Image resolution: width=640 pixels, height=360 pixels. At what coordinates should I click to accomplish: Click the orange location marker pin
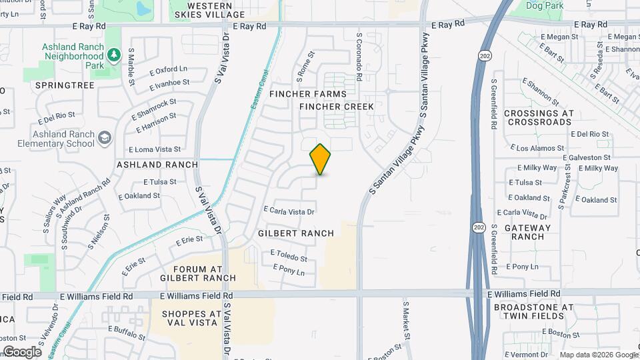[321, 159]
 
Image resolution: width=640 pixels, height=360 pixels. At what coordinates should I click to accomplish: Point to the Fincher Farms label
[299, 95]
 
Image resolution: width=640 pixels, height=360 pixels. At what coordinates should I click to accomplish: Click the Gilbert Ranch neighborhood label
[295, 233]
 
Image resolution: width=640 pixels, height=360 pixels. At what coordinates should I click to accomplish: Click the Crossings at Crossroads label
[539, 117]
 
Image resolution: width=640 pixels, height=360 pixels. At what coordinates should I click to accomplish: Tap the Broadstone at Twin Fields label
[533, 311]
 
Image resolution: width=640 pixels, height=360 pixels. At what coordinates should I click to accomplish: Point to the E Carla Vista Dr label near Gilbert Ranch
[289, 211]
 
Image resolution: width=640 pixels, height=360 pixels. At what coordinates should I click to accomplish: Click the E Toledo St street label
[289, 256]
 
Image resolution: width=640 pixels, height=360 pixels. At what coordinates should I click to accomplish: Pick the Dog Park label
[544, 6]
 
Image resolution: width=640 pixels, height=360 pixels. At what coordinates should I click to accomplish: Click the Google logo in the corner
[22, 351]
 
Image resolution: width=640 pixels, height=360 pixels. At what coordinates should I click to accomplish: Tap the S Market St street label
[405, 318]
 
